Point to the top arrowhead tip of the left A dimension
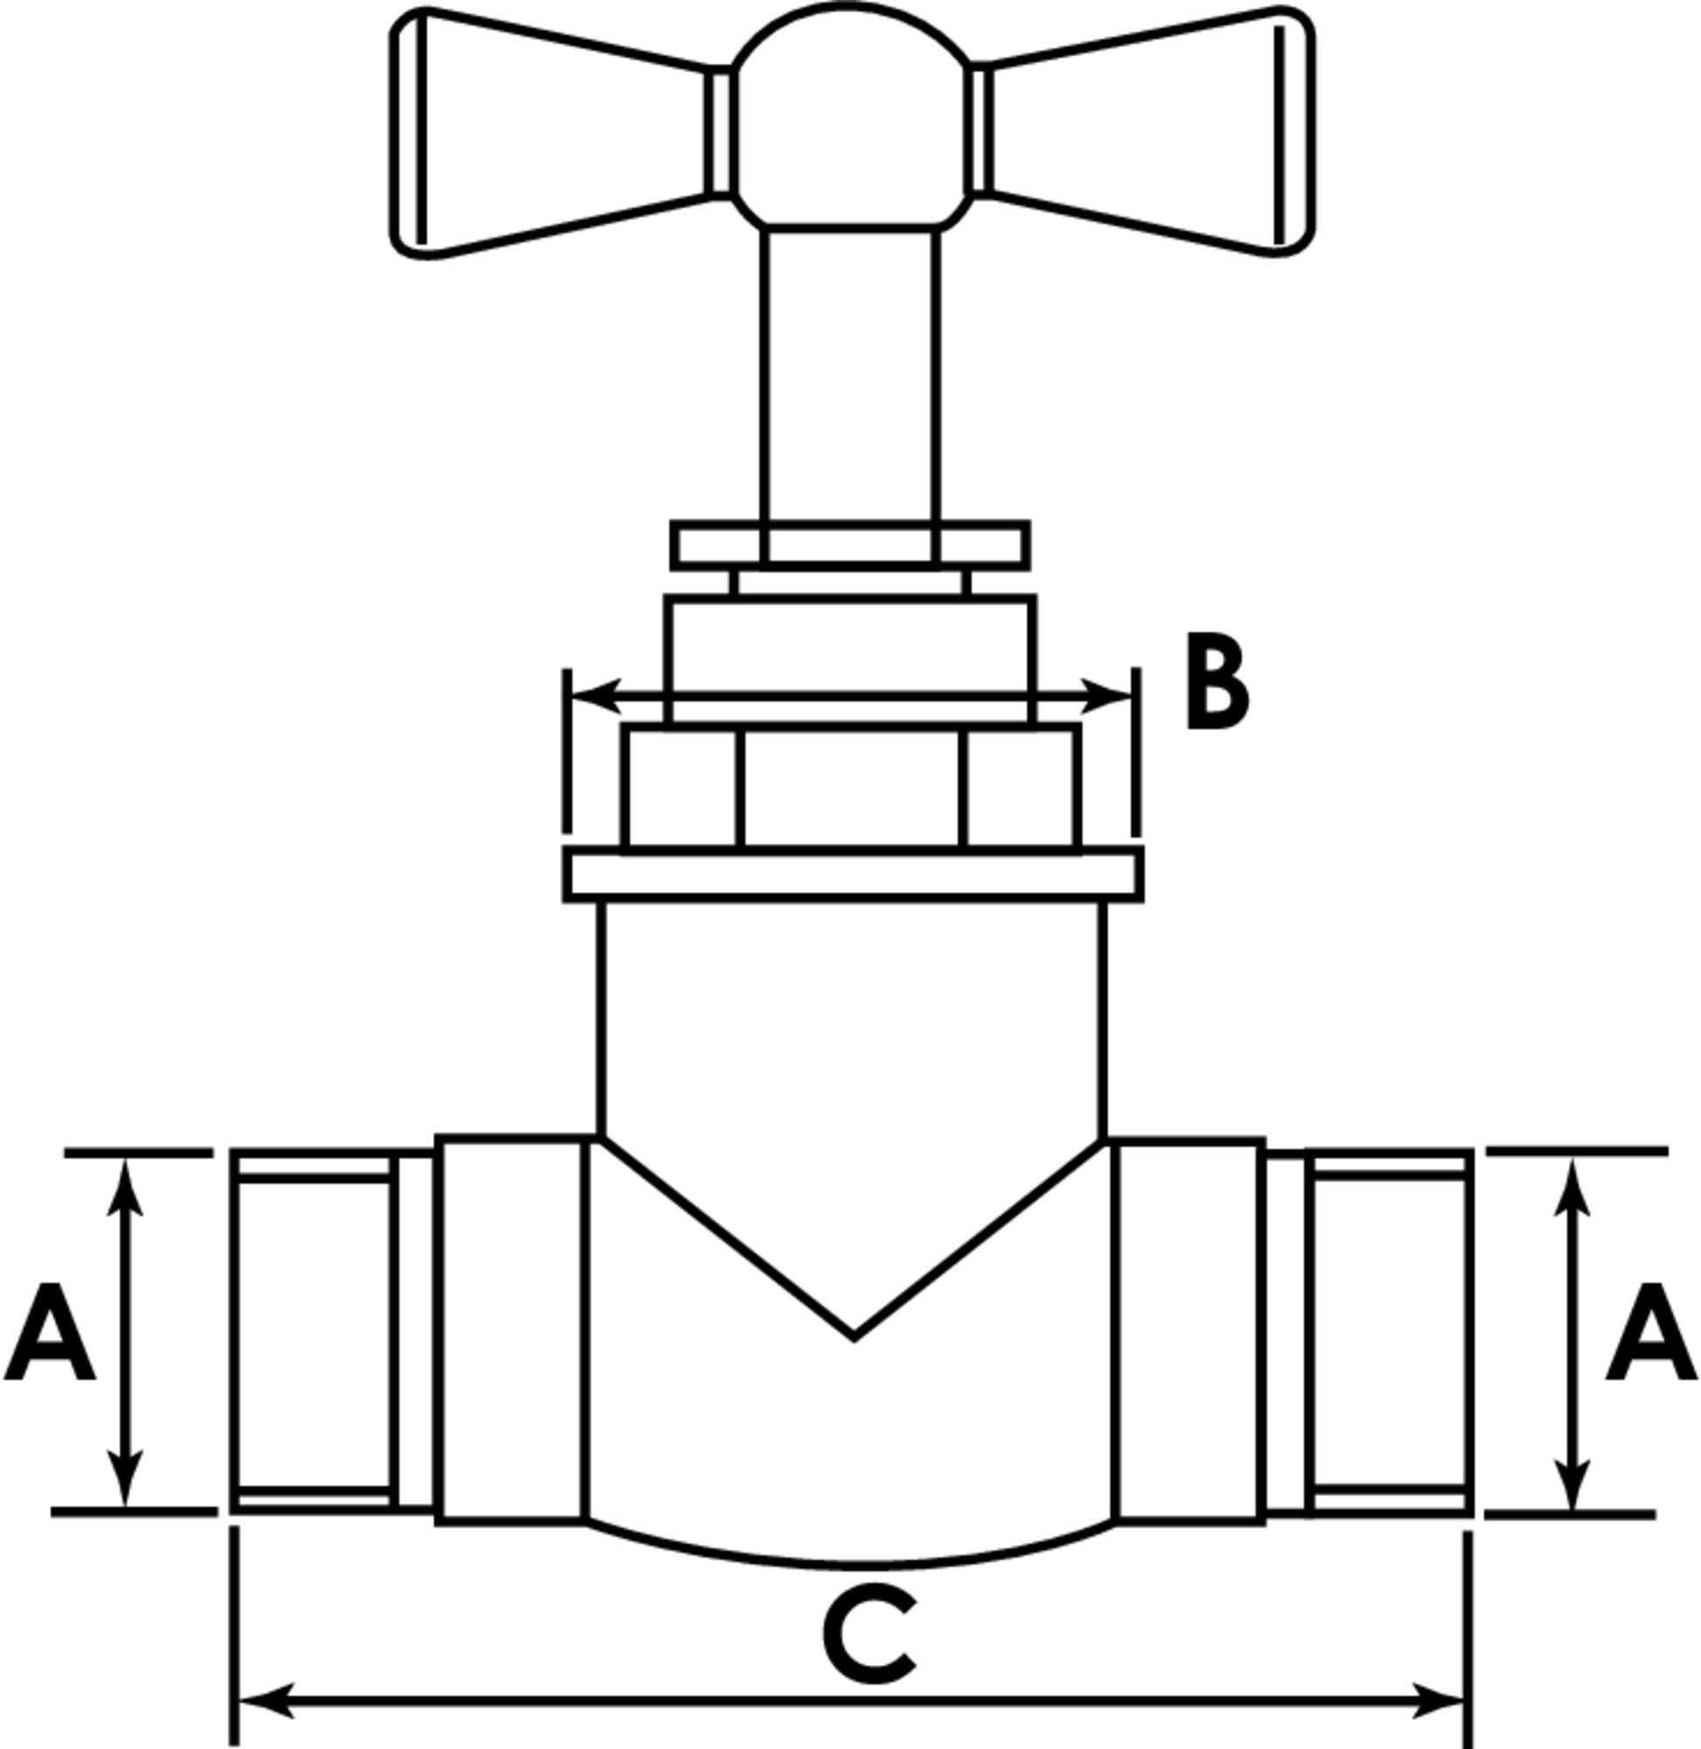click(125, 1159)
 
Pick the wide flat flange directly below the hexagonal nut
click(854, 874)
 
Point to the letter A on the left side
click(50, 1332)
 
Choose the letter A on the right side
click(1652, 1332)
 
